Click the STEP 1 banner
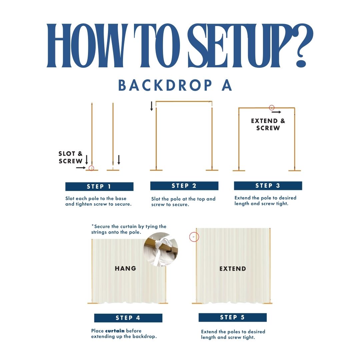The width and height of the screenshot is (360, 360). [x=99, y=186]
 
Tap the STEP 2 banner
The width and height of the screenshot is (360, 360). [x=184, y=186]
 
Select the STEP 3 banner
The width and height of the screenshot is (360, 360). [x=268, y=186]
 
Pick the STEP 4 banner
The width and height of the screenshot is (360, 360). [x=128, y=318]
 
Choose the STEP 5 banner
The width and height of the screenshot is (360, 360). [x=233, y=317]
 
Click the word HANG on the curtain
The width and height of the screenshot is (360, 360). [x=125, y=268]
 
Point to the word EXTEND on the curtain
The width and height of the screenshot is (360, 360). [x=233, y=269]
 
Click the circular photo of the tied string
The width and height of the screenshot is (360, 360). [x=161, y=249]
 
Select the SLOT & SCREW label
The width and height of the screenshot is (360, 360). [x=70, y=157]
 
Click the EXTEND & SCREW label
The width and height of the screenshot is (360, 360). [x=268, y=124]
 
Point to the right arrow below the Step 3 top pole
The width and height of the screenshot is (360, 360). [x=276, y=112]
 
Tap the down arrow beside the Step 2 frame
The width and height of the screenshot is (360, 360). [x=152, y=106]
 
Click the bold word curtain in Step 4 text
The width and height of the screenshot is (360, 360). [x=115, y=331]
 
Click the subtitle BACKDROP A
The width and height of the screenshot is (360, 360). [x=175, y=85]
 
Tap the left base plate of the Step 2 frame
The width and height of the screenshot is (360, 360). [x=156, y=170]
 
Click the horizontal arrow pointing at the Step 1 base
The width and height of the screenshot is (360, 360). [x=81, y=168]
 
